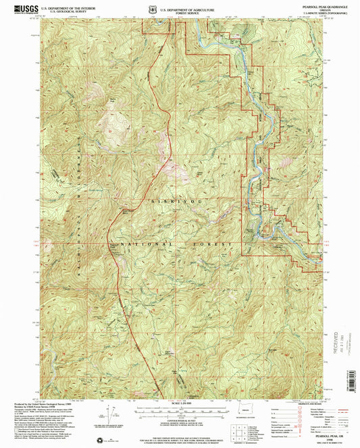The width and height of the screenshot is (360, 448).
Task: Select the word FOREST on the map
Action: [211, 243]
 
